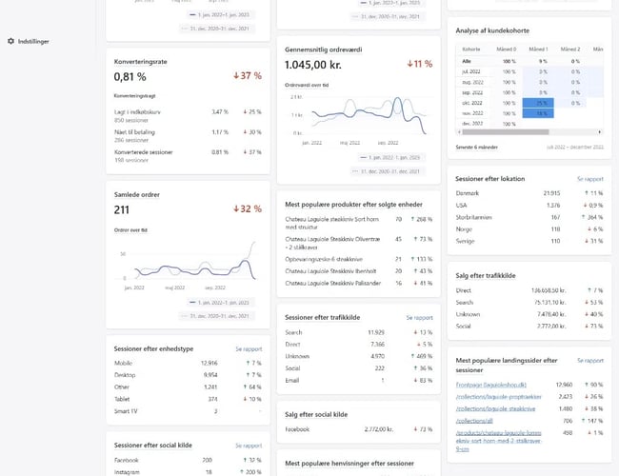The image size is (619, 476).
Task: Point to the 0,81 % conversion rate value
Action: pyautogui.click(x=130, y=76)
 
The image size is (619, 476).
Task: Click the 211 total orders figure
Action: pyautogui.click(x=122, y=209)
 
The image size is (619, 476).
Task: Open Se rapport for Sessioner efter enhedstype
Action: pyautogui.click(x=248, y=348)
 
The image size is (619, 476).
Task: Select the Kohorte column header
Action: pyautogui.click(x=470, y=49)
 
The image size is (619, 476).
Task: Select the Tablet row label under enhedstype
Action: pyautogui.click(x=124, y=400)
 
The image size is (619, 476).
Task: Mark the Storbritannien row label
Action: pyautogui.click(x=479, y=217)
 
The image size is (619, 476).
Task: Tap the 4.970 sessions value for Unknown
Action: pyautogui.click(x=375, y=355)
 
